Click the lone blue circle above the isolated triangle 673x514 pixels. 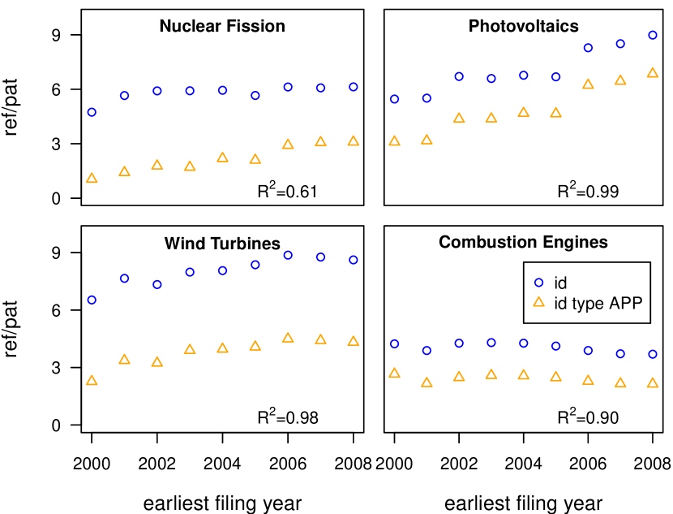538,283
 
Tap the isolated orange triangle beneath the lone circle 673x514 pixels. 538,302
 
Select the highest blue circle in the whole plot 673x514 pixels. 653,35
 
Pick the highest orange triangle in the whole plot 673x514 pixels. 653,73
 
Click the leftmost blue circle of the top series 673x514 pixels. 92,112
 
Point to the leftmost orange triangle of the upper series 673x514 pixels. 92,179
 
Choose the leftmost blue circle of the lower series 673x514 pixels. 92,300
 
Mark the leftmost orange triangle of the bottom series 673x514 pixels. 92,381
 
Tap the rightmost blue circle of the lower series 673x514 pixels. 653,354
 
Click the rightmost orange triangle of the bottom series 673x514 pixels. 653,383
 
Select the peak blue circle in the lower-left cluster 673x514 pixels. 288,255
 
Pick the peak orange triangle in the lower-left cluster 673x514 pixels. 288,338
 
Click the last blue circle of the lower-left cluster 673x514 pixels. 354,260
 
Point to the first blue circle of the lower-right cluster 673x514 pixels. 394,343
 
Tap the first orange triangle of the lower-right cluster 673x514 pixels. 394,374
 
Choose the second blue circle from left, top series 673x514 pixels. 124,96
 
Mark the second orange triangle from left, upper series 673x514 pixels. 124,171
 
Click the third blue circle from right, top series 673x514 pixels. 588,48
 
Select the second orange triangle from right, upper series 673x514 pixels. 620,80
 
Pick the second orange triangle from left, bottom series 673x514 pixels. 124,360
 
